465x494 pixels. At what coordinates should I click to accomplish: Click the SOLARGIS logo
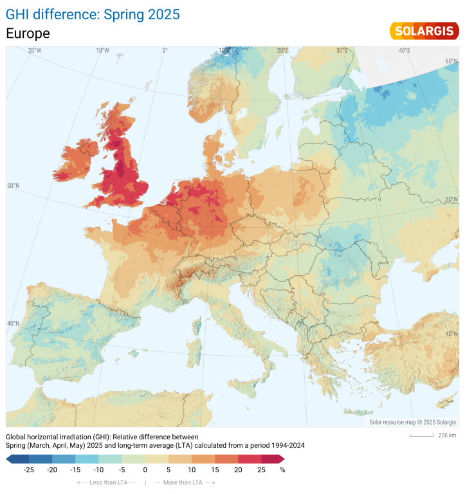tap(424, 31)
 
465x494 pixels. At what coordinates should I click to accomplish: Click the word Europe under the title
tap(28, 33)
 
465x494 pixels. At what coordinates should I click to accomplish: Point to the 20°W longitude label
tap(34, 50)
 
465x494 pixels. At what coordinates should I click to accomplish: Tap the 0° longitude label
tap(165, 50)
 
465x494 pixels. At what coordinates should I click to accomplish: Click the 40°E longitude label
tap(404, 50)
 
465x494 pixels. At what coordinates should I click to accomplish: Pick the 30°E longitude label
tap(342, 50)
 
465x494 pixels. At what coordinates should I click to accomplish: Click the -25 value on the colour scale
tap(29, 470)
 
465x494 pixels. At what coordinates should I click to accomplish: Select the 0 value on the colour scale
tap(145, 470)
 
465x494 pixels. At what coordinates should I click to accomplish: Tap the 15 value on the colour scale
tap(215, 470)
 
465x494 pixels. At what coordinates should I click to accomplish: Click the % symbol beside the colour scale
tap(282, 470)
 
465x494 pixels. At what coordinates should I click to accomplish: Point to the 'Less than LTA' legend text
tap(106, 482)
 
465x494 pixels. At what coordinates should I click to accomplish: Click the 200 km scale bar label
tap(446, 435)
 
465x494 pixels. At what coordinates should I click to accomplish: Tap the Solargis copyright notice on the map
tap(412, 422)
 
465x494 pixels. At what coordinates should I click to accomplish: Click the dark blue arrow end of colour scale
tap(11, 459)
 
